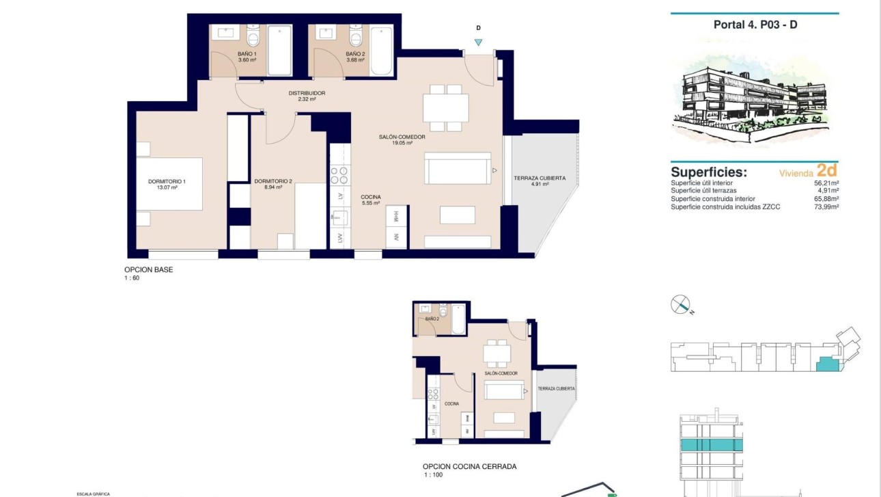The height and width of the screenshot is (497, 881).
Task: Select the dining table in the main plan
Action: click(x=445, y=107)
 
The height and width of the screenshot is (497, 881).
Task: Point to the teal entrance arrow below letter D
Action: click(x=478, y=42)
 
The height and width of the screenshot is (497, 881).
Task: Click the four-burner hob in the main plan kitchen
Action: click(x=339, y=176)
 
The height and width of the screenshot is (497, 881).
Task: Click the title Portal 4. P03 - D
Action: click(x=754, y=25)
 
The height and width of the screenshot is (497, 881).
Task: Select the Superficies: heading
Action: click(x=708, y=172)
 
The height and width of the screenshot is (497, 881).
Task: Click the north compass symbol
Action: click(x=681, y=304)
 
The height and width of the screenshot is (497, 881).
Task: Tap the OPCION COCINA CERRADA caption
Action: click(x=469, y=467)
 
